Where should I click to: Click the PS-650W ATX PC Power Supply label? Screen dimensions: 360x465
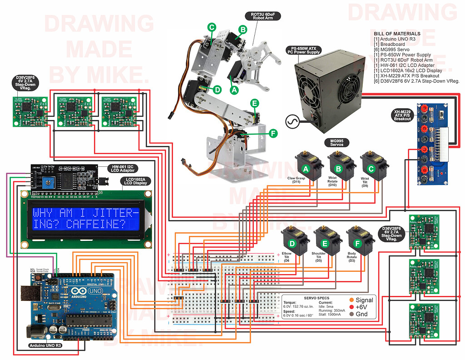[304, 50]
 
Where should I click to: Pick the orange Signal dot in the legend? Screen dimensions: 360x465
[352, 300]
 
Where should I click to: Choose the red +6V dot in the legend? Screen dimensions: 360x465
[352, 307]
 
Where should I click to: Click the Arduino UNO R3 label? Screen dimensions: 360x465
[43, 345]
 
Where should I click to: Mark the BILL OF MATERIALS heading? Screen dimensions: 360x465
[397, 34]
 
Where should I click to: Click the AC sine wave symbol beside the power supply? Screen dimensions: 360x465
[290, 121]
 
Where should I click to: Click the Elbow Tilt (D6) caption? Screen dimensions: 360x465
[287, 257]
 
